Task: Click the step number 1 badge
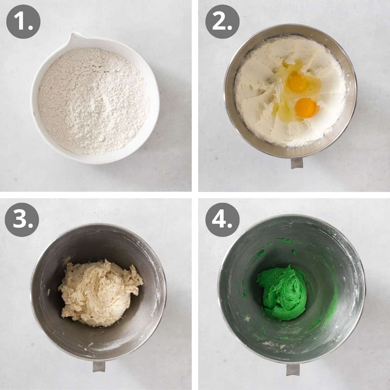pyautogui.click(x=23, y=23)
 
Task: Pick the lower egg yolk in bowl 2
pyautogui.click(x=306, y=108)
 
